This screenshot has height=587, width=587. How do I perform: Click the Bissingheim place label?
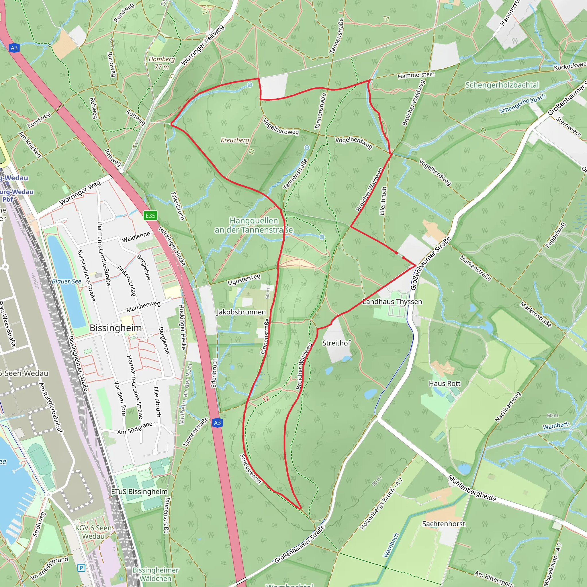point(116,328)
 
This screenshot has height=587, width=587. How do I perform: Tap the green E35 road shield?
point(150,216)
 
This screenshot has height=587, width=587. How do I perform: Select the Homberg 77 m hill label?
point(162,63)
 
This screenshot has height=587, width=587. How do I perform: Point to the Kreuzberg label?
point(234,140)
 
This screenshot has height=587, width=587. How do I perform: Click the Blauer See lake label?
point(66,281)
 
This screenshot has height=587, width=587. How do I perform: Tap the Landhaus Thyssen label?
point(392,302)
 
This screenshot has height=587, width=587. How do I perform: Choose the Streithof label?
point(336,343)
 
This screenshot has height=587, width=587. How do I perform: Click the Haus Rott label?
point(445,383)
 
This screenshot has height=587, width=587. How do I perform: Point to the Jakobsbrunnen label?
point(241,312)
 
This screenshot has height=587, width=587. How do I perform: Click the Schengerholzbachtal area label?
point(502,85)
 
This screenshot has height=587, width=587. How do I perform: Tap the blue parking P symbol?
point(81,568)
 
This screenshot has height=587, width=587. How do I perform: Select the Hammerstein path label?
point(416,75)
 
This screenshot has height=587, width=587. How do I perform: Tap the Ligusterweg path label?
point(244,279)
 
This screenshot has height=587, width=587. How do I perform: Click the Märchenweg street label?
point(143,307)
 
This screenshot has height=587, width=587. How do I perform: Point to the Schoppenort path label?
point(251,469)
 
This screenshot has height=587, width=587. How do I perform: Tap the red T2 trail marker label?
point(266,399)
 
